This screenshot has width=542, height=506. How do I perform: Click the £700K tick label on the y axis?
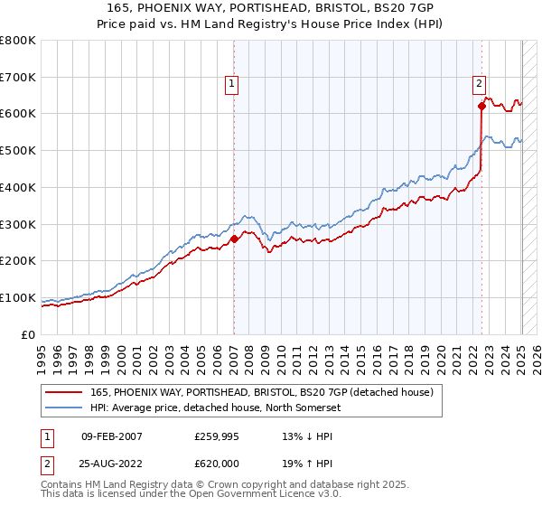[18, 77]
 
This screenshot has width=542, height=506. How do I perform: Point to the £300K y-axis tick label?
[18, 224]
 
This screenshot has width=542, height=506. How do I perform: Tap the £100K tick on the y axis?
[18, 297]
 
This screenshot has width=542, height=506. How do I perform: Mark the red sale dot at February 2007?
[234, 239]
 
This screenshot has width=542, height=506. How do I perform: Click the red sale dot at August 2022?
[481, 107]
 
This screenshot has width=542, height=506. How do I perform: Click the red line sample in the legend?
[64, 392]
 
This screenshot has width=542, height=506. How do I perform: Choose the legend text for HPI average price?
[226, 408]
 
